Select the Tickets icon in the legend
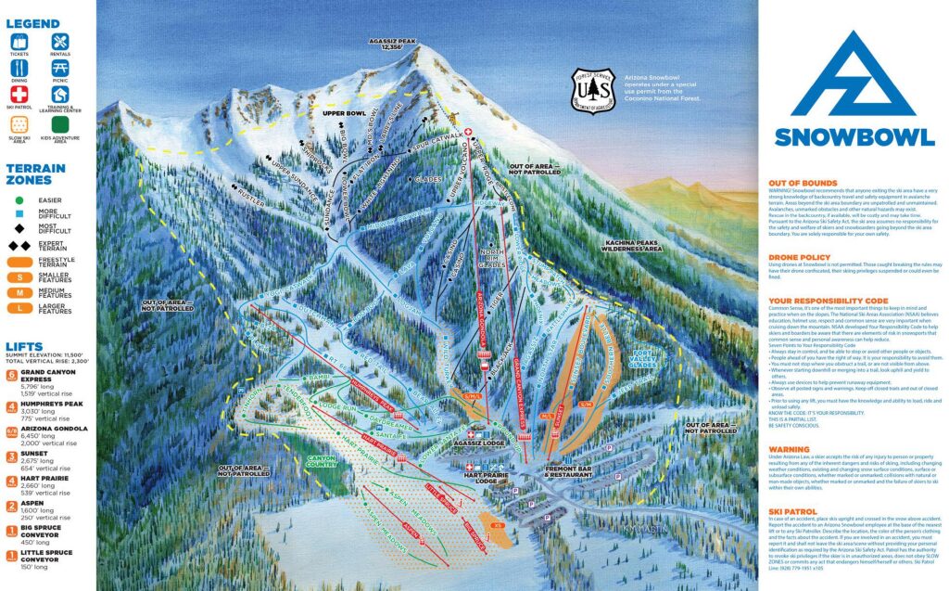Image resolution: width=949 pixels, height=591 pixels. [x=20, y=44]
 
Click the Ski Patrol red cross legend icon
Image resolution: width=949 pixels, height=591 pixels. [x=20, y=96]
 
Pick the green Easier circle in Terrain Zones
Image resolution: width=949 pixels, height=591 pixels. [x=19, y=198]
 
